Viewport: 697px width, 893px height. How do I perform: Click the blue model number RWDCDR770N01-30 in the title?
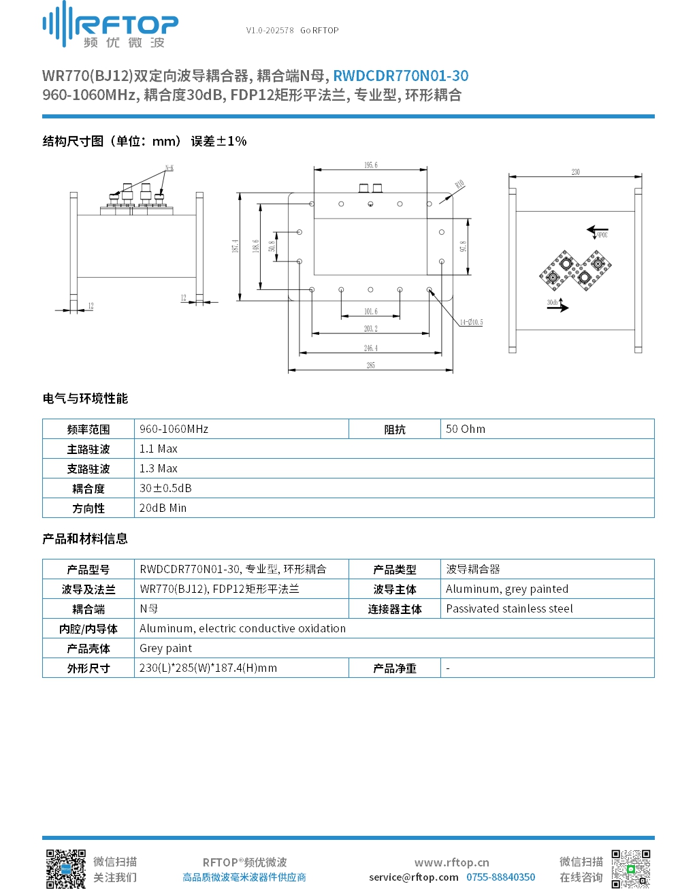400,76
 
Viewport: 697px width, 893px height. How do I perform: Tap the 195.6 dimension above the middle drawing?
370,165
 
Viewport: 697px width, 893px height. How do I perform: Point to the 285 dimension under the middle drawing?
370,366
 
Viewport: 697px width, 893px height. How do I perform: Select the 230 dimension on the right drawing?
575,172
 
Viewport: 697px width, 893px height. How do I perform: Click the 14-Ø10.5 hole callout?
471,323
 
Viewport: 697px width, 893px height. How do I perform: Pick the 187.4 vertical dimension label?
236,246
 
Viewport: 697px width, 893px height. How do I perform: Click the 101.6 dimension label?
370,312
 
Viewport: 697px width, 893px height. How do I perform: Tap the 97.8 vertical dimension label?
463,246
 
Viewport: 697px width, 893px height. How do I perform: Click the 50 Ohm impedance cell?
466,429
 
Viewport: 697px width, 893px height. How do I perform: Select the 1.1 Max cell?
159,449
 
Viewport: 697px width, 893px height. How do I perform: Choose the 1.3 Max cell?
159,468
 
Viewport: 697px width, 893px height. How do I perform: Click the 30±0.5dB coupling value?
165,488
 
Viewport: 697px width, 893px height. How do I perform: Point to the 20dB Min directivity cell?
163,508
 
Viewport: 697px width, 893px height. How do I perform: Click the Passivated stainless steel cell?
509,608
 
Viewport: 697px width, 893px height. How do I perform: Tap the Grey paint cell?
165,648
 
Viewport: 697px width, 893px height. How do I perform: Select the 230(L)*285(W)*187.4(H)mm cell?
208,668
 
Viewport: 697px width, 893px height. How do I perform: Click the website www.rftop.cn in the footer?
451,862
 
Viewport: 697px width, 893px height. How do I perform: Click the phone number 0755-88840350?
500,877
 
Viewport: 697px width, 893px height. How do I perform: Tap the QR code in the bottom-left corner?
65,869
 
